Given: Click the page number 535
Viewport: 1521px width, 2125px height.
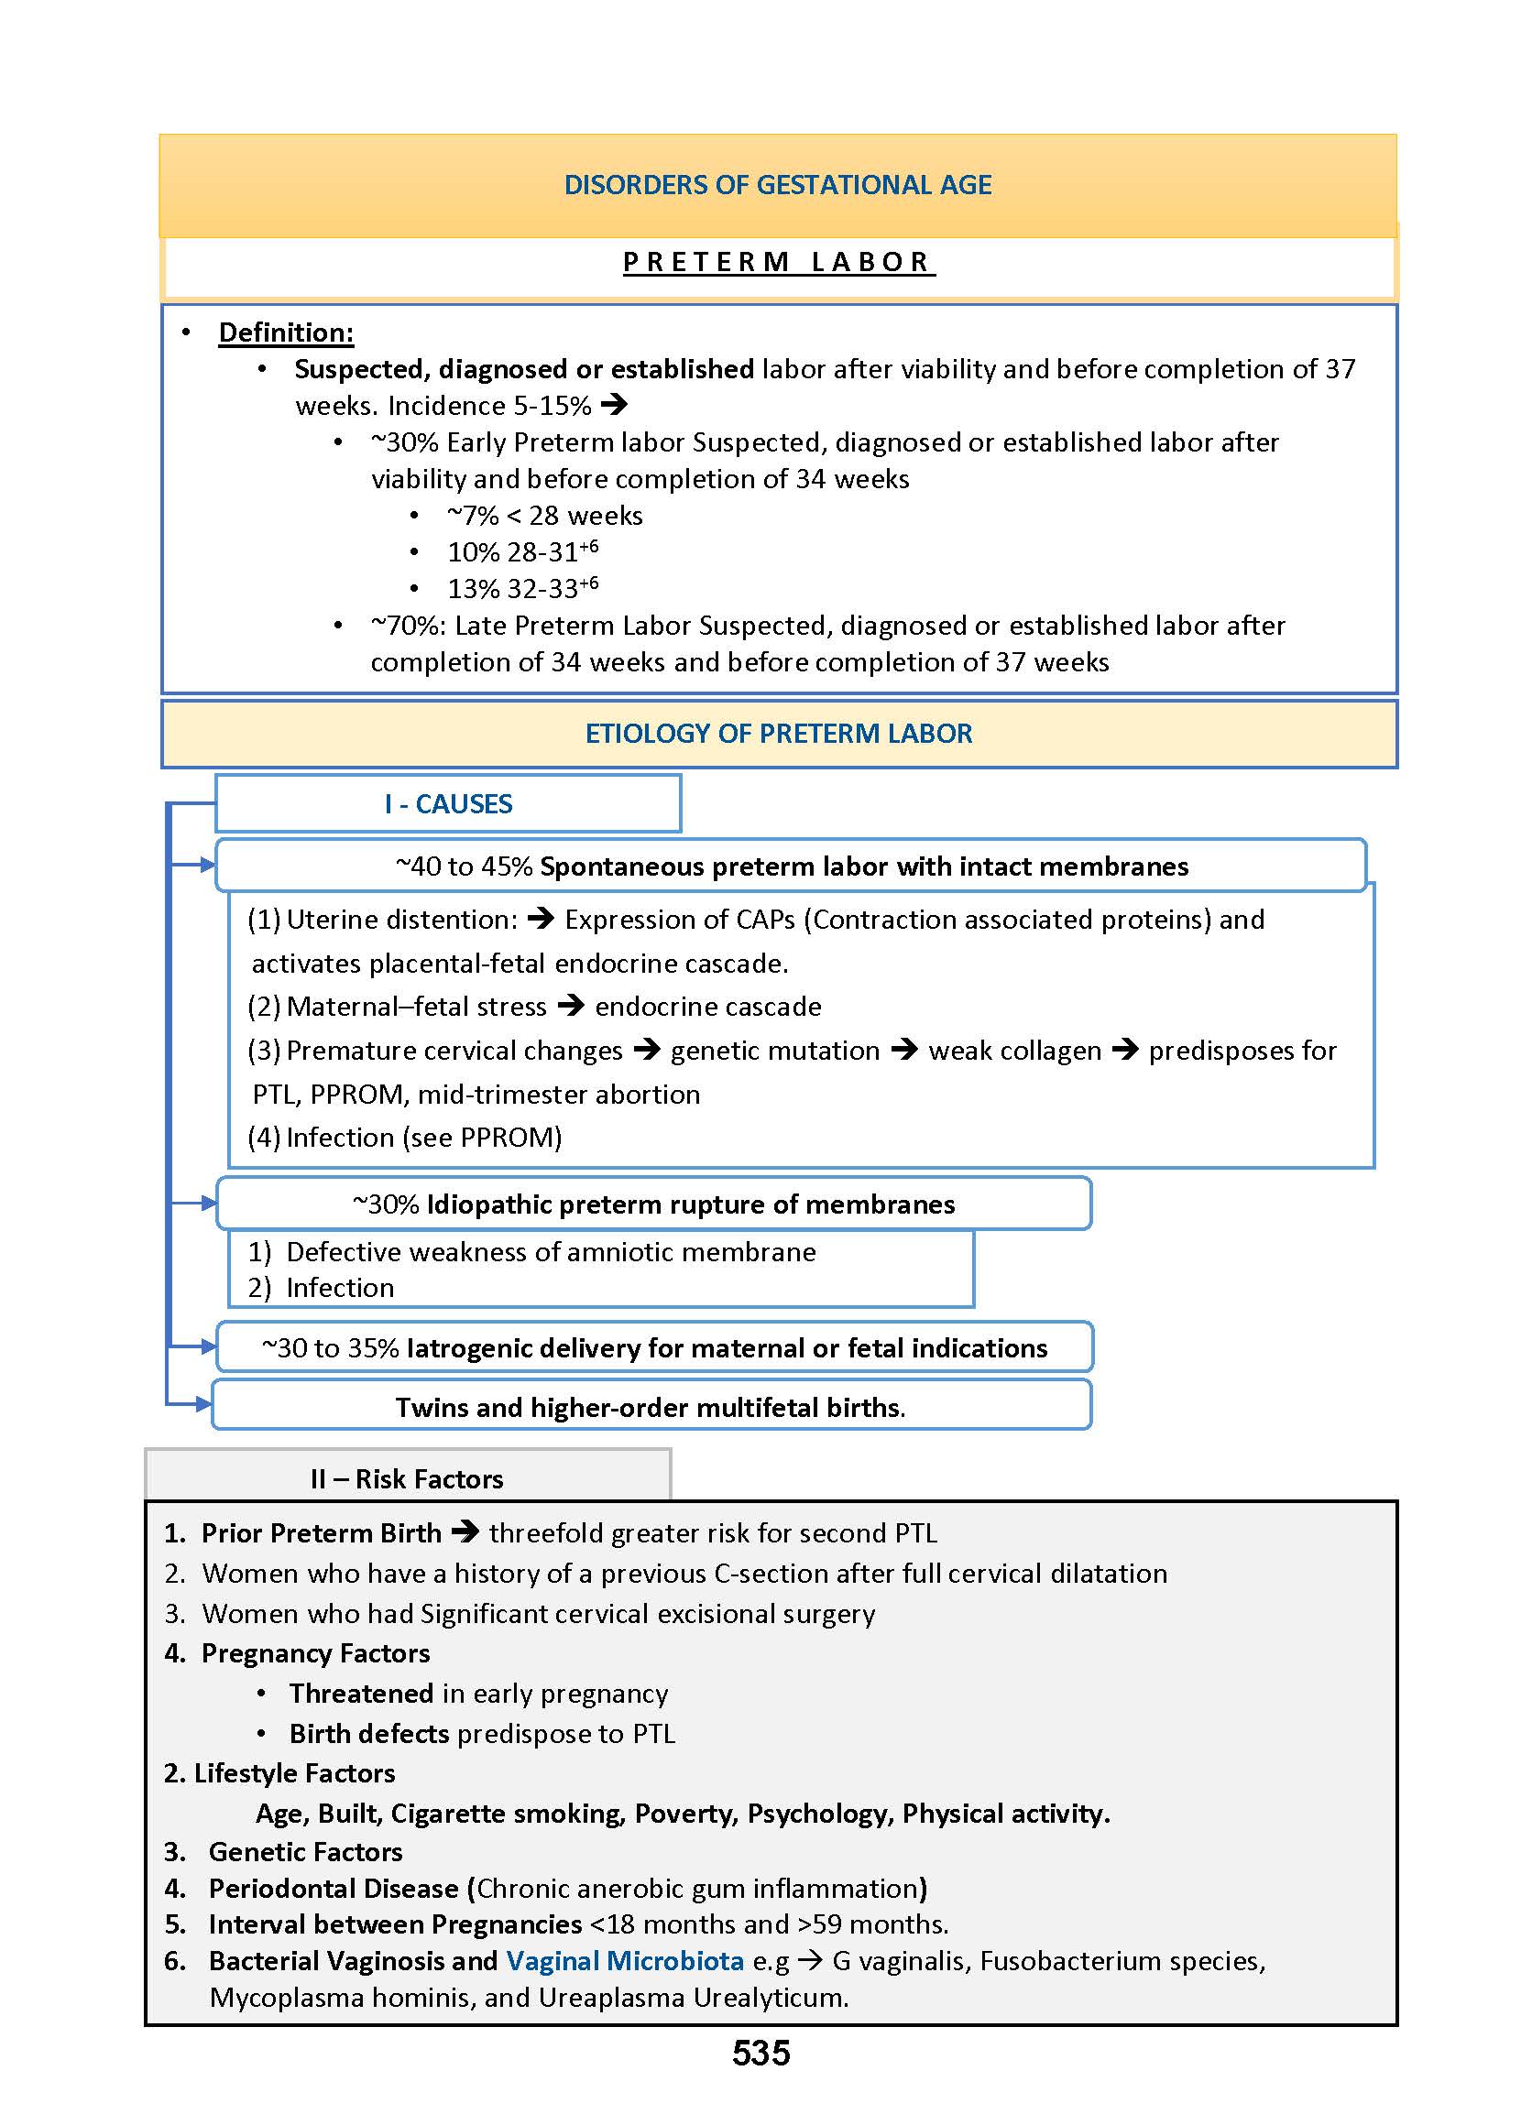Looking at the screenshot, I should click(x=760, y=2053).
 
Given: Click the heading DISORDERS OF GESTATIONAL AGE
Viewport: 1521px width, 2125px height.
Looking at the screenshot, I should click(x=777, y=184).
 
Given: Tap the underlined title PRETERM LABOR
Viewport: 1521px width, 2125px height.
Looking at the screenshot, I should click(x=777, y=262).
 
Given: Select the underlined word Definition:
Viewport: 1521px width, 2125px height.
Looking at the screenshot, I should click(x=286, y=332).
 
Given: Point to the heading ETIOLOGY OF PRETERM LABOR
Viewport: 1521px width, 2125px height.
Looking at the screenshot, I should click(x=778, y=733).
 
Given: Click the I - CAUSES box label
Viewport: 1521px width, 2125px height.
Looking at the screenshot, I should click(x=448, y=804).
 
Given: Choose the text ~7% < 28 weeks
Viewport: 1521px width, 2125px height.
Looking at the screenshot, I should click(x=544, y=516).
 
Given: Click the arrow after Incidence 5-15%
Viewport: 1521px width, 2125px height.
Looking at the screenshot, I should click(x=615, y=406).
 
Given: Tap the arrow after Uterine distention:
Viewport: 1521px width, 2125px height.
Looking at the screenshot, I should click(x=541, y=920).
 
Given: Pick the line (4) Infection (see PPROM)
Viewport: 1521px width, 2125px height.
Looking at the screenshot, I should click(x=405, y=1138).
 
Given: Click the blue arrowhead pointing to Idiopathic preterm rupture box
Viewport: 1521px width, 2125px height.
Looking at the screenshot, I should click(x=208, y=1203).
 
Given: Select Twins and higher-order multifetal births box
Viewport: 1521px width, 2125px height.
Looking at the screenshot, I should click(x=651, y=1407).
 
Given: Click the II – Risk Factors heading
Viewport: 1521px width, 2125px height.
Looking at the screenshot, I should click(x=407, y=1479).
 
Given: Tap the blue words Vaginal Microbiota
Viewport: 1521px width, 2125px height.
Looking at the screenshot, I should click(x=625, y=1961).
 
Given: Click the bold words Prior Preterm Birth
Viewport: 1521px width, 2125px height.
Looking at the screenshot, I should click(x=322, y=1533).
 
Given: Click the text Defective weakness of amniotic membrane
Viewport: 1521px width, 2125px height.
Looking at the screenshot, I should click(x=551, y=1252).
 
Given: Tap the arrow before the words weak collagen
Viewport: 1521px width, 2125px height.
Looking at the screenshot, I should click(x=903, y=1051).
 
